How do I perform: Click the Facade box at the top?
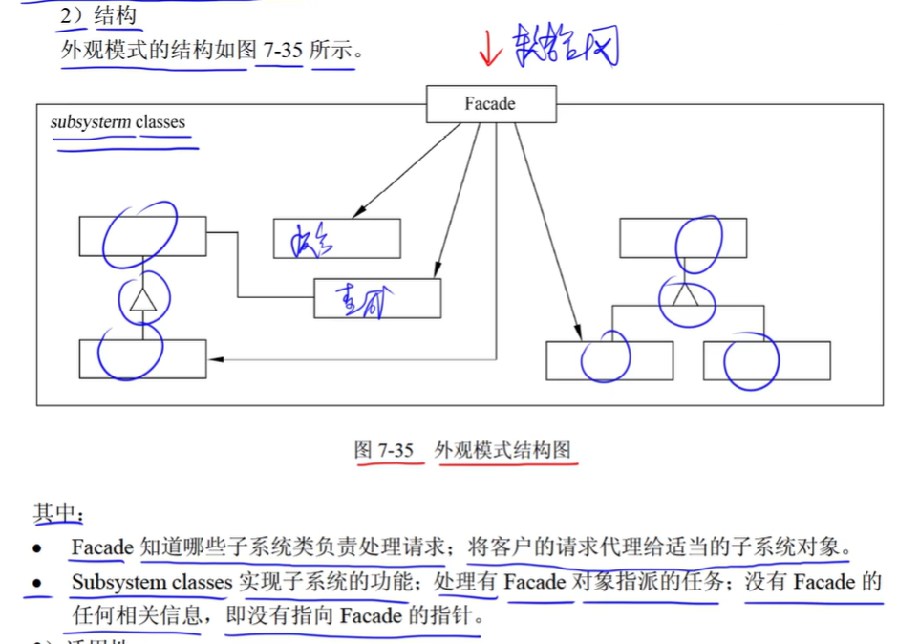(x=490, y=104)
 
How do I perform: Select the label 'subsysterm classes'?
(x=118, y=122)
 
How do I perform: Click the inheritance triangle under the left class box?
(x=142, y=301)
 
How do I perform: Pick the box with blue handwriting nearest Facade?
(x=337, y=239)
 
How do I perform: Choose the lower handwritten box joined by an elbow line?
(x=377, y=298)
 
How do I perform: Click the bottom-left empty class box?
(x=142, y=358)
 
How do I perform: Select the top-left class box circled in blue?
(x=142, y=236)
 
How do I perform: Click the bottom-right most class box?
(x=766, y=360)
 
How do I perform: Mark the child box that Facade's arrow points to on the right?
(x=609, y=360)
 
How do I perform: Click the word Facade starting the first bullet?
(x=101, y=547)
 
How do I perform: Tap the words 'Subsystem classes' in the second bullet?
(x=152, y=582)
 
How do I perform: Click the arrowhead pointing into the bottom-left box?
(x=215, y=359)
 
